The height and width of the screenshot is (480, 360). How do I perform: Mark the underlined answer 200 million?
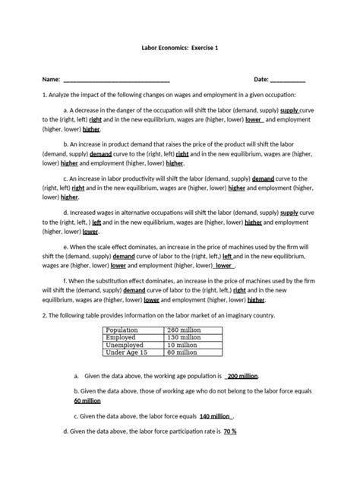pyautogui.click(x=242, y=376)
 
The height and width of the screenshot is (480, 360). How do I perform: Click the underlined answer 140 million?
pyautogui.click(x=215, y=416)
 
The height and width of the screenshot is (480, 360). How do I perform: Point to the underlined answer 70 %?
pyautogui.click(x=230, y=431)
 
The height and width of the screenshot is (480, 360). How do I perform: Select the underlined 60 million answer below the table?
pyautogui.click(x=87, y=400)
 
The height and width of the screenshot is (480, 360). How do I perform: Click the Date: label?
pyautogui.click(x=261, y=79)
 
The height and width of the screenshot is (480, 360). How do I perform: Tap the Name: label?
pyautogui.click(x=51, y=79)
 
